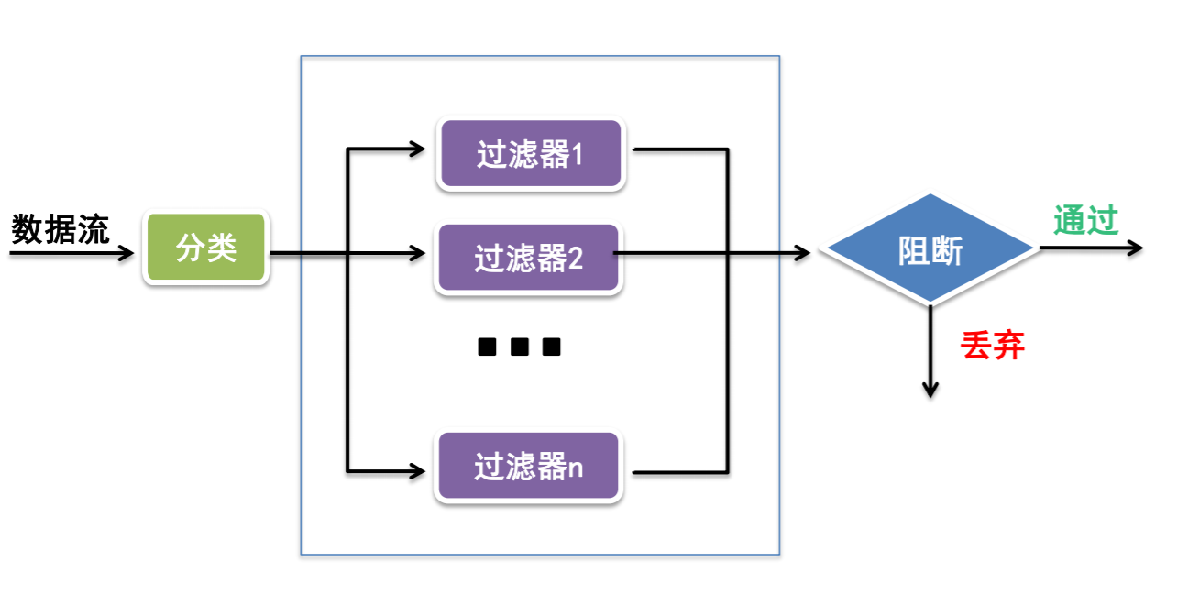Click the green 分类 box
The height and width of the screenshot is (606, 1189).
click(205, 248)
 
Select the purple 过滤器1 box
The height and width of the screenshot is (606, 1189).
click(531, 154)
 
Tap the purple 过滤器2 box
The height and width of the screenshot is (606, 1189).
click(528, 259)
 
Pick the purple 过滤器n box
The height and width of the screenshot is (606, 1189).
click(528, 467)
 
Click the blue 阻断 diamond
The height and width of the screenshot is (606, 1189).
click(930, 250)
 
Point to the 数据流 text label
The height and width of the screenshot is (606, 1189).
click(61, 229)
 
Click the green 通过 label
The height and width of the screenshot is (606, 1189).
click(1085, 221)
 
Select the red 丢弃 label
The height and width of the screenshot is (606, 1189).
click(992, 346)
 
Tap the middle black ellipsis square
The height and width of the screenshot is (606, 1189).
click(519, 347)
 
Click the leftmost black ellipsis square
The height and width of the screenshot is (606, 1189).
click(488, 347)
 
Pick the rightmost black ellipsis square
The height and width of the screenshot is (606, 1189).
click(550, 347)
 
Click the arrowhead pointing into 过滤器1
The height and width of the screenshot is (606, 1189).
click(418, 148)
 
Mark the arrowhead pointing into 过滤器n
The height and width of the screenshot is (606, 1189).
click(418, 472)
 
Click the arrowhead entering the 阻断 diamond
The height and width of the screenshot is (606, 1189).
click(803, 253)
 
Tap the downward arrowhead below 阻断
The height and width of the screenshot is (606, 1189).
click(930, 389)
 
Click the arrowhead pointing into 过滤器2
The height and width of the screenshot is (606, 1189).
click(418, 253)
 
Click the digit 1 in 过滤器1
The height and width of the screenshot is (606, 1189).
click(578, 155)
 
